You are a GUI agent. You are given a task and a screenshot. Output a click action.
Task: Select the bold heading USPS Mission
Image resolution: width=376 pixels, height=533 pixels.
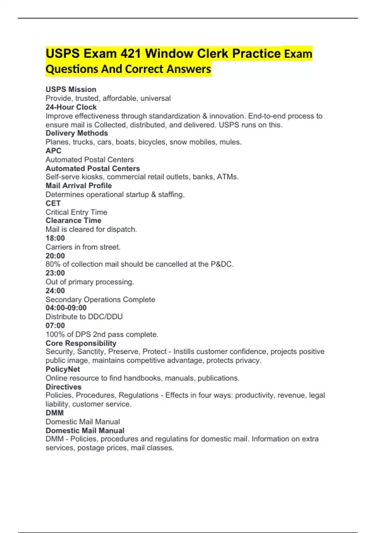(71, 89)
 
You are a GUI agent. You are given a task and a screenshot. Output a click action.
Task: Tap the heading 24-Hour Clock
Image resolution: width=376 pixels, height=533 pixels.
(71, 107)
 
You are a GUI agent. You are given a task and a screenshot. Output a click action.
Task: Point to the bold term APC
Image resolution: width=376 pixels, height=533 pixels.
(54, 151)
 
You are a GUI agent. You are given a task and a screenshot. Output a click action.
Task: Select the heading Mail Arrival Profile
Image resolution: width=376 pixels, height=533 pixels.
(79, 186)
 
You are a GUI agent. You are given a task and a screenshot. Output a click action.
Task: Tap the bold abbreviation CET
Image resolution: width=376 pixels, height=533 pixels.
(53, 203)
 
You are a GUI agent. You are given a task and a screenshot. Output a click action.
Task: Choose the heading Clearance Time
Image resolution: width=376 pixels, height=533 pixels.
(73, 220)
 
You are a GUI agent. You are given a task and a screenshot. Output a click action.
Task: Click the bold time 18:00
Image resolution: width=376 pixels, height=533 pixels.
(55, 238)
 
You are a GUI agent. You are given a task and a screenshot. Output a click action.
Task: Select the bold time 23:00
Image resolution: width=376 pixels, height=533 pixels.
(55, 273)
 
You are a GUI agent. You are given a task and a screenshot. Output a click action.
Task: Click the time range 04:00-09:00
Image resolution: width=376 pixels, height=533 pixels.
(66, 308)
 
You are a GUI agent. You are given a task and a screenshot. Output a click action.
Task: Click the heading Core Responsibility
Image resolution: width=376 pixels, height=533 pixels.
(81, 343)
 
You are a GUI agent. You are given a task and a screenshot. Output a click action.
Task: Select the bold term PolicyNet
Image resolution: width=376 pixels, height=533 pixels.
(63, 369)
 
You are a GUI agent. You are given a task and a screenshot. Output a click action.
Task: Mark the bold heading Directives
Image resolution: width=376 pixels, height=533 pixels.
(63, 387)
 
